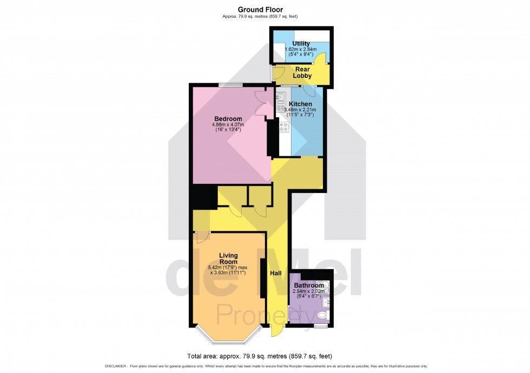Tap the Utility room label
pyautogui.click(x=301, y=43)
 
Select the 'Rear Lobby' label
pyautogui.click(x=302, y=72)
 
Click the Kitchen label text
pyautogui.click(x=300, y=104)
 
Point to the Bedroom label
pyautogui.click(x=228, y=119)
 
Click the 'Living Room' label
pyautogui.click(x=228, y=258)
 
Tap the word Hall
pyautogui.click(x=276, y=274)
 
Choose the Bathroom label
pyautogui.click(x=309, y=285)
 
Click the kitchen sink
pyautogui.click(x=280, y=99)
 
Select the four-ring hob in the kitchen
pyautogui.click(x=284, y=128)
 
